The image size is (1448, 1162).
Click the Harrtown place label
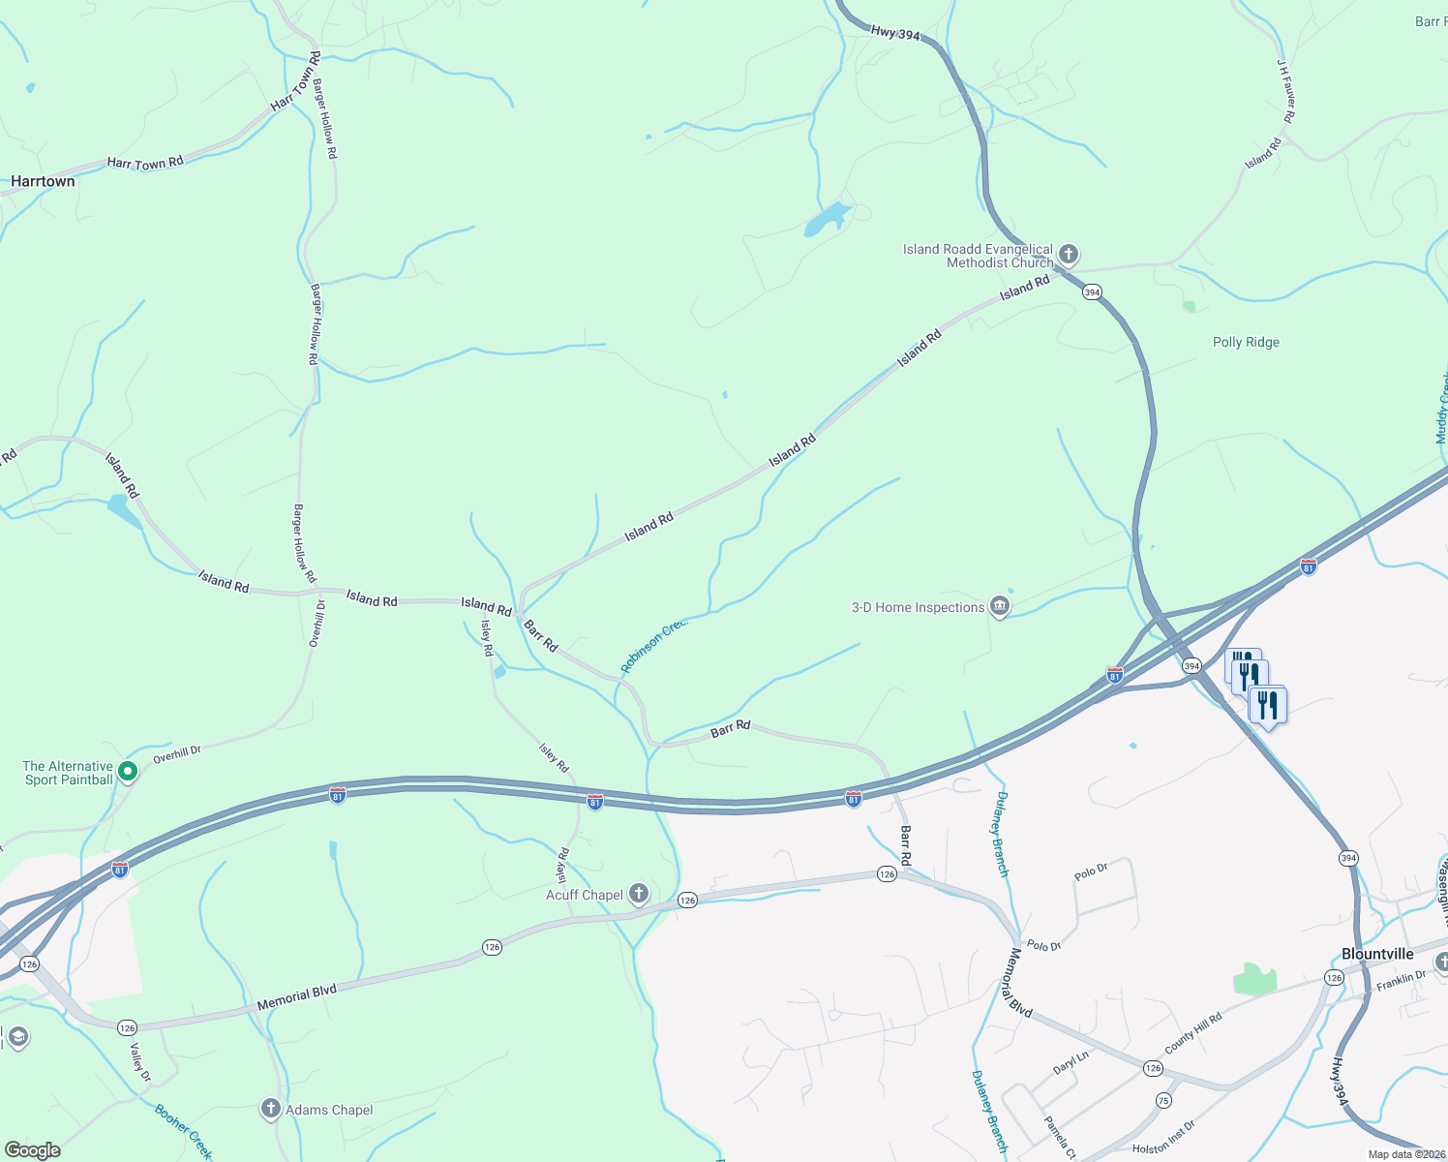coord(43,181)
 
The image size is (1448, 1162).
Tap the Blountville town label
coord(1377,954)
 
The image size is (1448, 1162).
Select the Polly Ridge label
coord(1246,342)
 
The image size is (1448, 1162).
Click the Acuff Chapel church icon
coord(638,894)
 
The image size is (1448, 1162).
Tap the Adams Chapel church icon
coord(271,1110)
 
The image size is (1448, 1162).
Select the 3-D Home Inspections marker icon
coord(1000,607)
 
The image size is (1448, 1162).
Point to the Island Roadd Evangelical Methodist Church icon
coord(1068,255)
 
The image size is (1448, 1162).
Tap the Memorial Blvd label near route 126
coord(296,997)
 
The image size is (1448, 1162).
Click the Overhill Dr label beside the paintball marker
coord(177,753)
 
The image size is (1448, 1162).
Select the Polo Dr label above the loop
coord(1091,871)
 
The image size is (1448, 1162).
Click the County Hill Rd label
coord(1192,1033)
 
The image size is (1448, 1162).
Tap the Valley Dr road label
coord(140,1062)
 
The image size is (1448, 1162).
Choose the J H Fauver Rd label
coord(1286,92)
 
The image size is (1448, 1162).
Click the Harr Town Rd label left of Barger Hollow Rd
coord(145,164)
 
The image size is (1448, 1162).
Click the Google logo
coord(32,1150)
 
